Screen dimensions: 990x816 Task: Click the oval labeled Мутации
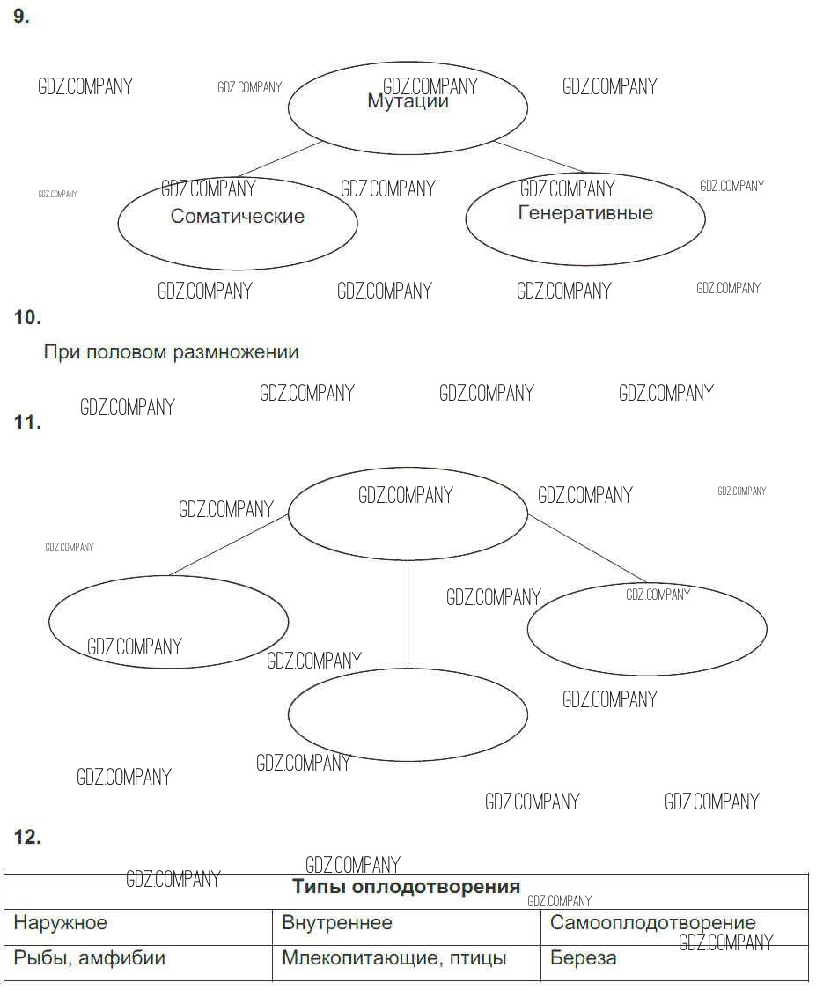[408, 107]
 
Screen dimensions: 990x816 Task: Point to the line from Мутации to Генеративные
[539, 156]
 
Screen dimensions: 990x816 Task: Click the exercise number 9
[21, 17]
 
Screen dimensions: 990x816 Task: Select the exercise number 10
[27, 318]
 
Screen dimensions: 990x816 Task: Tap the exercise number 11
[27, 423]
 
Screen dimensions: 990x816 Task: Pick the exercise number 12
[27, 838]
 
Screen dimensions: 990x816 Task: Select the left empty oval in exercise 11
[168, 621]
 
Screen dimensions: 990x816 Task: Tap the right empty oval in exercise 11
[647, 629]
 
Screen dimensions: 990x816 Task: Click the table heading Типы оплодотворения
[406, 887]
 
